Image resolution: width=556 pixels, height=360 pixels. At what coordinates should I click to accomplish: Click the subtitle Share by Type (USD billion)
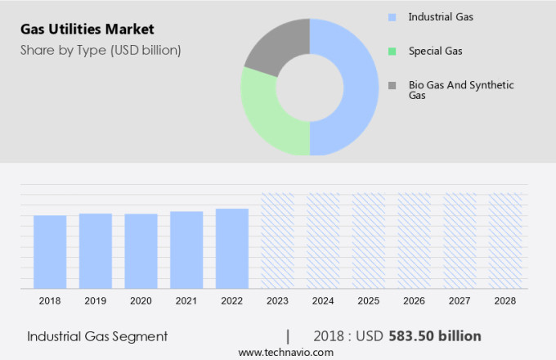[101, 50]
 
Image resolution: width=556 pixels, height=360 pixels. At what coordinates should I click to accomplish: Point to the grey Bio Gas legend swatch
[392, 85]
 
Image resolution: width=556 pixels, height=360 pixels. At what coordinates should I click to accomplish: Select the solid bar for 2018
[50, 251]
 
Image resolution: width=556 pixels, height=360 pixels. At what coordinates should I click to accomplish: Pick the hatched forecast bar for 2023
[277, 241]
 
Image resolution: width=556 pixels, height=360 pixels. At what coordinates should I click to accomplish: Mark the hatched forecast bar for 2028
[505, 241]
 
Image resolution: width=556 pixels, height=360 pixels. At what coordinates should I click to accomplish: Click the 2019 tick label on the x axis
[96, 301]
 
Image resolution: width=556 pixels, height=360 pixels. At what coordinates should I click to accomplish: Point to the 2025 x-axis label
[369, 301]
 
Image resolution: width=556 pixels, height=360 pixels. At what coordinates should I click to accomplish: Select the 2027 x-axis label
[460, 301]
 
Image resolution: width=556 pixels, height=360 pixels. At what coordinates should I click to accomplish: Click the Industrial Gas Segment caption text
[97, 336]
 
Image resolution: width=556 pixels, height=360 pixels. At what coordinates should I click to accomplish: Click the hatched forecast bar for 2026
[415, 241]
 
